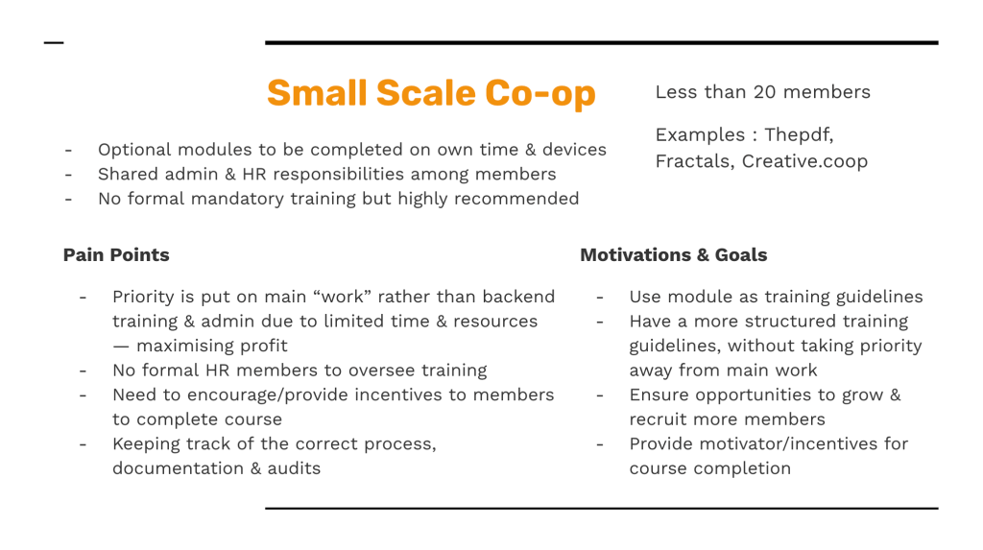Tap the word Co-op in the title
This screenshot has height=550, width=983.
click(x=539, y=95)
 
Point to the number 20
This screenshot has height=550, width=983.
click(x=764, y=92)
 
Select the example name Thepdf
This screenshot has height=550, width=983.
click(x=799, y=134)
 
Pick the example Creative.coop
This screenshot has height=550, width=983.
click(x=804, y=161)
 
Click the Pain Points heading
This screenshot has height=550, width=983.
click(x=116, y=254)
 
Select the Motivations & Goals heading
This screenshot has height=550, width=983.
click(x=673, y=254)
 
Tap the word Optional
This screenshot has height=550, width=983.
click(x=134, y=150)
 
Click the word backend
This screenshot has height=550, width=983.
click(x=518, y=297)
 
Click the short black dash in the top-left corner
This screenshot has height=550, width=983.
click(x=54, y=42)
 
